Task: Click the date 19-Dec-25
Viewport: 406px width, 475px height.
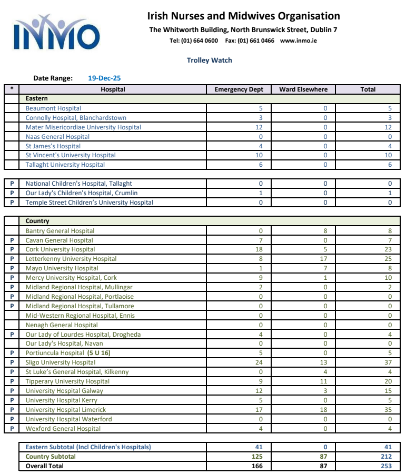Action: [104, 78]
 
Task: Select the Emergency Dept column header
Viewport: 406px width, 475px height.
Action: [239, 89]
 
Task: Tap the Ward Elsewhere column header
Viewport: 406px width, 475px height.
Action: [303, 89]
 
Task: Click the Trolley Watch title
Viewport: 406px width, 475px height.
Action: [209, 60]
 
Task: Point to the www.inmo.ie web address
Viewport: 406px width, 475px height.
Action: [298, 41]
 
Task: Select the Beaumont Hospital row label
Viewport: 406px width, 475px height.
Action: [53, 108]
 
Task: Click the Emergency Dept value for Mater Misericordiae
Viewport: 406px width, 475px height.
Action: [259, 127]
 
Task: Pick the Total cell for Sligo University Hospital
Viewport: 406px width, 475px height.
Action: [388, 362]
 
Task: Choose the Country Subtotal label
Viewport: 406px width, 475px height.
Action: [51, 457]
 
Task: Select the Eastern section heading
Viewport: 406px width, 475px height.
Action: [36, 98]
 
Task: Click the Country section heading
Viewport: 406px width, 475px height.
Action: [37, 221]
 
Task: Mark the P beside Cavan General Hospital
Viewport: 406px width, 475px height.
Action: [12, 240]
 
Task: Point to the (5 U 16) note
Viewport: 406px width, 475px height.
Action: [99, 353]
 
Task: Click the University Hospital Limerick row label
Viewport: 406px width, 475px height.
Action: [66, 410]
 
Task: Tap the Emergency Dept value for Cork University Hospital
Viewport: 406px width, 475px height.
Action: [259, 249]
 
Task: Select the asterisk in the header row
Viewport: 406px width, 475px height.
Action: [12, 89]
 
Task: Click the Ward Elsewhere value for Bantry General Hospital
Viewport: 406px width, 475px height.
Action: [325, 231]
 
